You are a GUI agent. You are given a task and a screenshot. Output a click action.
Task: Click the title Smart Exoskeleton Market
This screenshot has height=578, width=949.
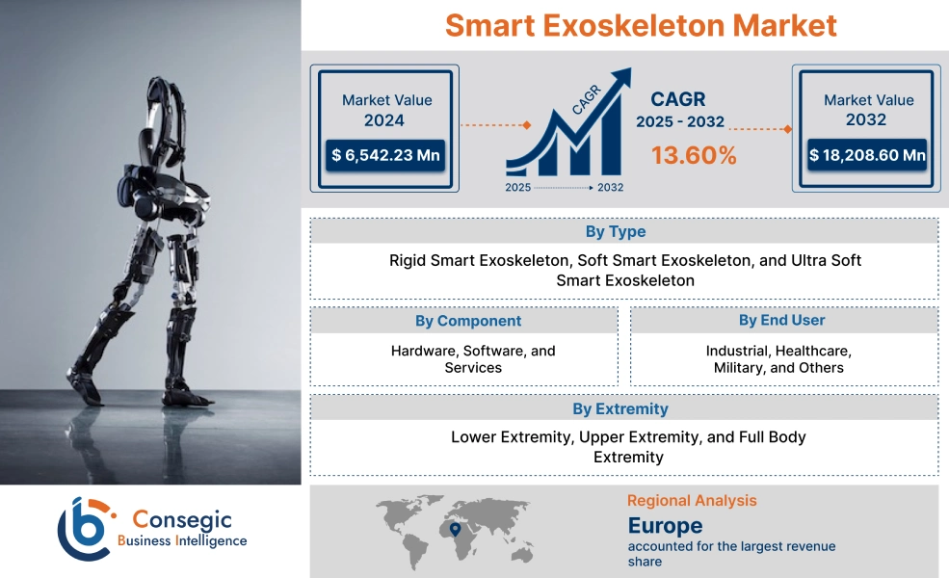coord(641,25)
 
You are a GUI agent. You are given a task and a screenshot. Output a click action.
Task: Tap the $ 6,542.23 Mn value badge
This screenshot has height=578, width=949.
coord(384,155)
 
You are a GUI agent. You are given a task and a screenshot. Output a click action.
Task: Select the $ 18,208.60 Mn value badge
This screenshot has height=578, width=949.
coord(868,155)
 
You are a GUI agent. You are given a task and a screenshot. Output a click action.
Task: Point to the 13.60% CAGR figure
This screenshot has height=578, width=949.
coord(694,155)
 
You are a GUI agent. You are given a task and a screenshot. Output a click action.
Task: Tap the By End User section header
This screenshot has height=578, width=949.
coord(781,320)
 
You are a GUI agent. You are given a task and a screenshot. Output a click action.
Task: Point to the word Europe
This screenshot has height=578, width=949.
coord(665,526)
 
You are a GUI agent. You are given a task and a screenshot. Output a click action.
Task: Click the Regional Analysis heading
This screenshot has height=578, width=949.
coord(692,501)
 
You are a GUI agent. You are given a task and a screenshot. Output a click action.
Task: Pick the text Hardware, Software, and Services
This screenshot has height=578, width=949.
coord(473,359)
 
